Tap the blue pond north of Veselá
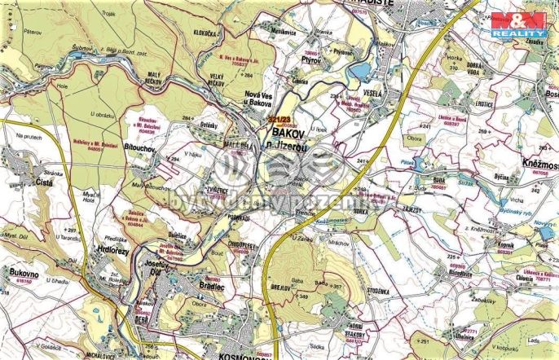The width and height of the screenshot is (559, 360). tap(359, 74)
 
